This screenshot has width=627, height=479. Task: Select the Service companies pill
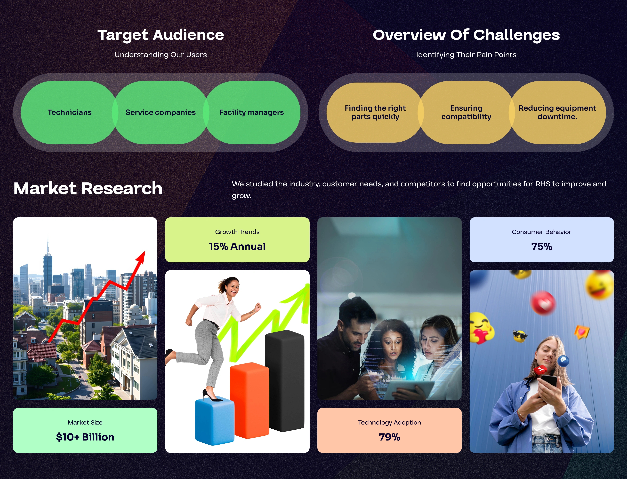click(x=160, y=112)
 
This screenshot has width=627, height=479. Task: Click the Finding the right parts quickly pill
click(x=375, y=112)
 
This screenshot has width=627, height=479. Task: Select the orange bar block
click(x=249, y=401)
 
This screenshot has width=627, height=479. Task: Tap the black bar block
click(x=285, y=381)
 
